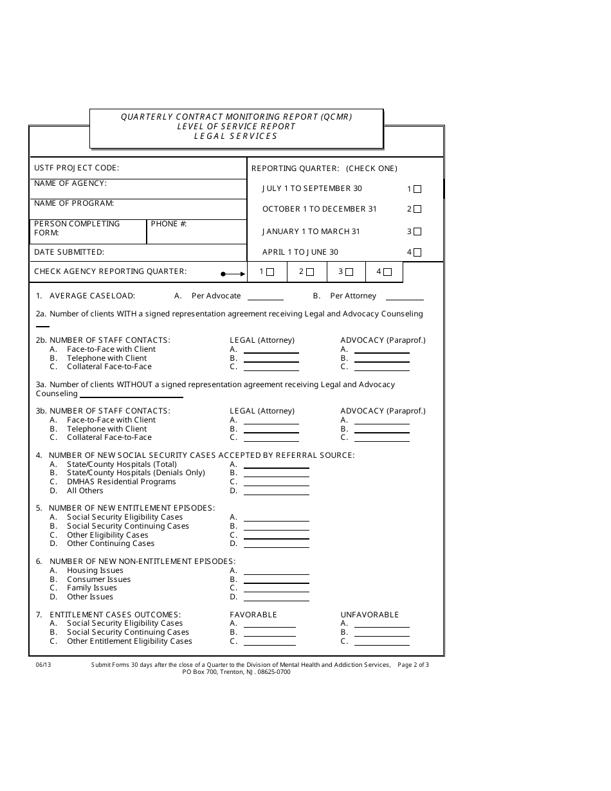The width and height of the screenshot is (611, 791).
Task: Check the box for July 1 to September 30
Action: click(417, 189)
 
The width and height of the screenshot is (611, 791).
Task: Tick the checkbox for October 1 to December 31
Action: click(417, 209)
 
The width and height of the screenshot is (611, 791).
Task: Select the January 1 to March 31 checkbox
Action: click(417, 232)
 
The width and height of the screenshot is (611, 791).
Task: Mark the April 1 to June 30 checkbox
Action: click(417, 253)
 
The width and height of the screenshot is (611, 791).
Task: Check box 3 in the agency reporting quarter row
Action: click(349, 272)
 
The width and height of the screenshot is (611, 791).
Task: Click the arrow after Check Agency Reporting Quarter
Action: click(233, 274)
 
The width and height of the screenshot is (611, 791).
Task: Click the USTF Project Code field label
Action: click(77, 168)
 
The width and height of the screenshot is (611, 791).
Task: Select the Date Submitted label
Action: click(69, 253)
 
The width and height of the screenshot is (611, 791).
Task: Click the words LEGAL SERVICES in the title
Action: click(236, 136)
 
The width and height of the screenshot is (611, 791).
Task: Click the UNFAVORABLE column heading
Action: click(370, 615)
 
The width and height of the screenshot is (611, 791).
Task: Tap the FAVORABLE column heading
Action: click(253, 615)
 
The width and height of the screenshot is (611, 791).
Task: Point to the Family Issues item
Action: click(92, 588)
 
